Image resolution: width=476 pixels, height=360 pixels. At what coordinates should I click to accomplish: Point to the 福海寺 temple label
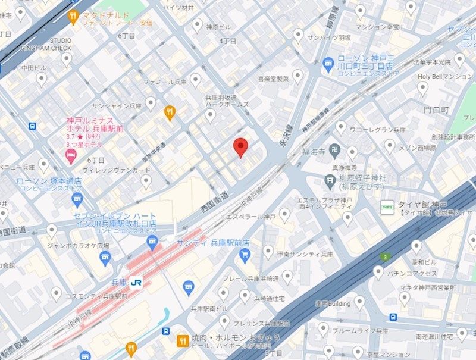(313, 152)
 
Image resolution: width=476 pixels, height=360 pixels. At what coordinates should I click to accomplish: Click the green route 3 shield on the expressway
(386, 257)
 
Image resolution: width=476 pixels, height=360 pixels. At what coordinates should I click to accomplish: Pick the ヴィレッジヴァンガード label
(117, 170)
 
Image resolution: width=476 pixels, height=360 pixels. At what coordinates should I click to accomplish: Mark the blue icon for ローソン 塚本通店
(77, 199)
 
